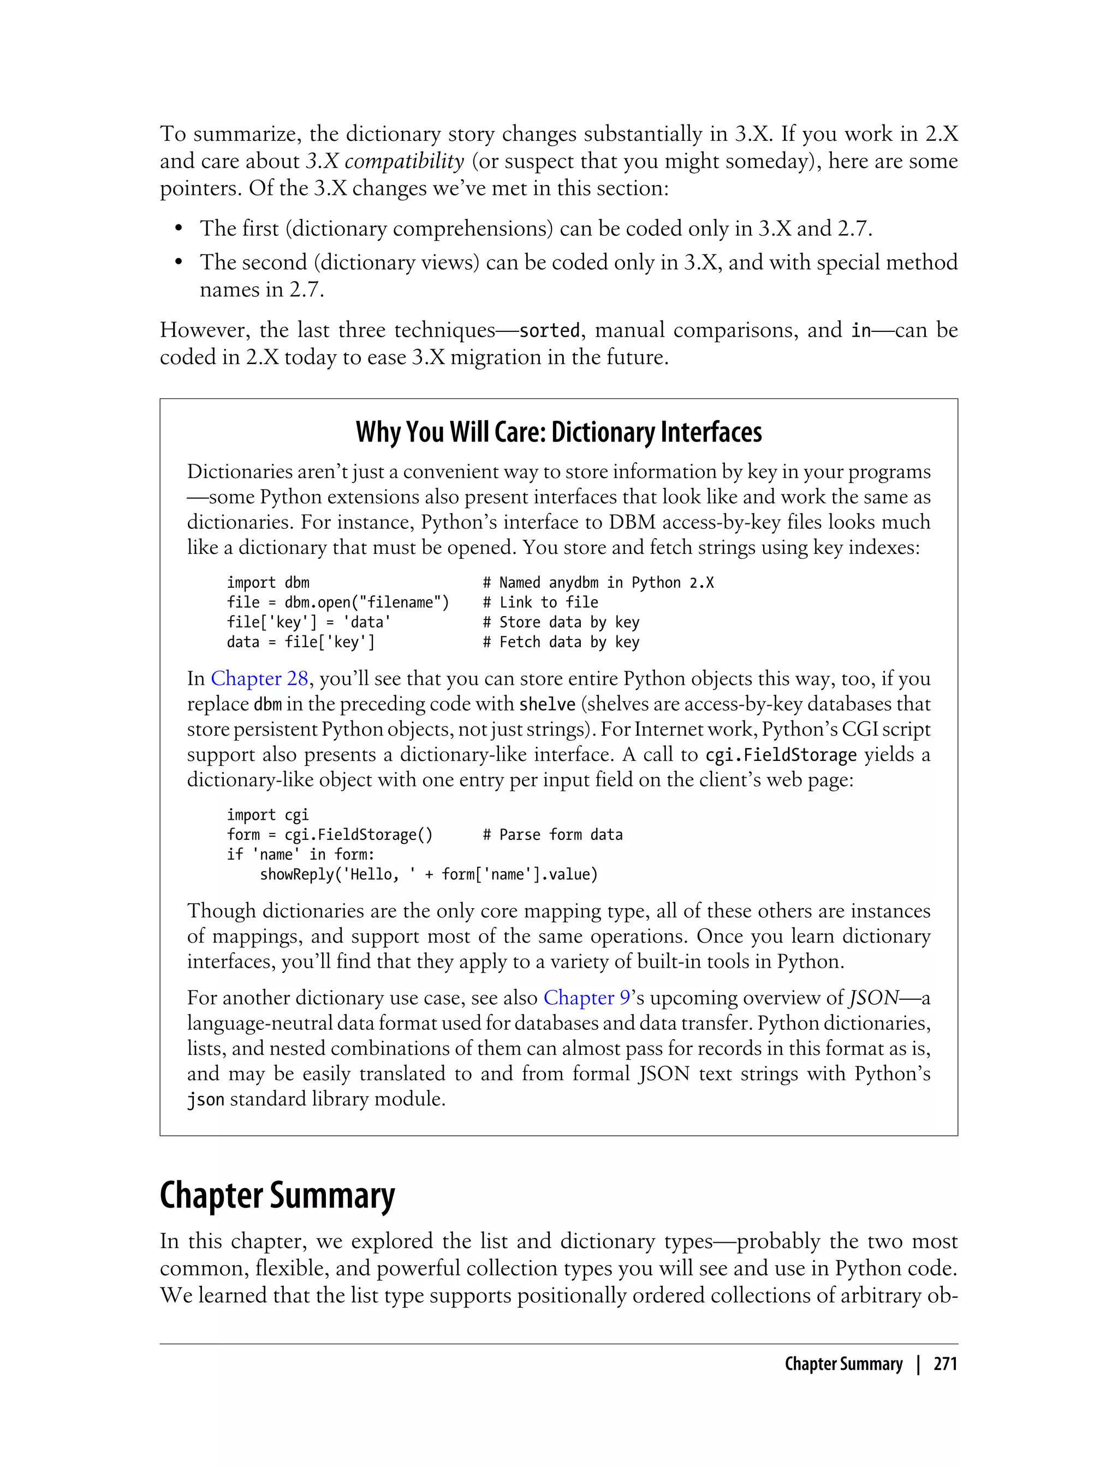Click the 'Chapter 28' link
click(259, 678)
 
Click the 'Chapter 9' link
click(586, 998)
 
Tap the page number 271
click(945, 1364)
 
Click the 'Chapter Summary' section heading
click(277, 1196)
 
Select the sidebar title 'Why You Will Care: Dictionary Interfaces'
click(558, 432)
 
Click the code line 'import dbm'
click(267, 583)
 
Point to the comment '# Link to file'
click(540, 603)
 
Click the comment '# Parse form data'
click(552, 835)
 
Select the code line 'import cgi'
click(267, 815)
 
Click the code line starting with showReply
click(429, 874)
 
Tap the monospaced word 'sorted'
click(549, 331)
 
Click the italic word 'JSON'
click(874, 998)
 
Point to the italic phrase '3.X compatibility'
click(385, 161)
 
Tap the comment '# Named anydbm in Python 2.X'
click(598, 583)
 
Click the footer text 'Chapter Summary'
click(843, 1364)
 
